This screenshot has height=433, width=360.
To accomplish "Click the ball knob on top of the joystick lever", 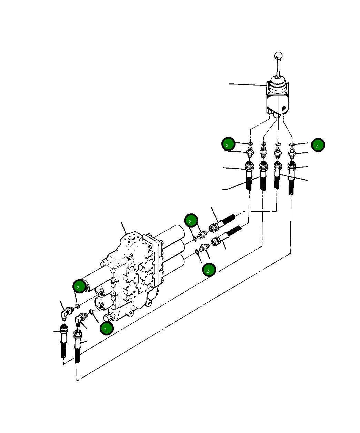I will [x=278, y=56].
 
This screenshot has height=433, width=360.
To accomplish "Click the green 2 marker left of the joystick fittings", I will [x=228, y=144].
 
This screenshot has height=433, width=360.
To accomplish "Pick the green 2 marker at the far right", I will [x=318, y=145].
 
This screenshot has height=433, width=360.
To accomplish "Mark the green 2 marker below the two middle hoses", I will [x=209, y=270].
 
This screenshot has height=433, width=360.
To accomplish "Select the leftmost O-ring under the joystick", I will [x=250, y=143].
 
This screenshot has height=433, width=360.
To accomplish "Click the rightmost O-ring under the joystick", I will [x=292, y=144].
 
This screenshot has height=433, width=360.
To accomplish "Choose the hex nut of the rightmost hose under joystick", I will [x=292, y=167].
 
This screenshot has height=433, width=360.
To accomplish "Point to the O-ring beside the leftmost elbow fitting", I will [x=78, y=306].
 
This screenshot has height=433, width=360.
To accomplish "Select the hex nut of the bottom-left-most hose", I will [x=63, y=330].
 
